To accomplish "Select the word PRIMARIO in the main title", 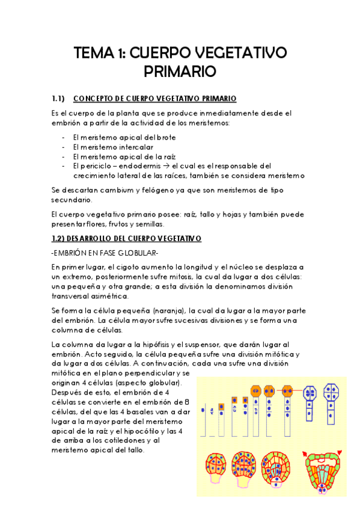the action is tap(180, 72).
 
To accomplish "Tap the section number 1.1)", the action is tap(58, 99).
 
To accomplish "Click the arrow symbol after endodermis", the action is tap(166, 165).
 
